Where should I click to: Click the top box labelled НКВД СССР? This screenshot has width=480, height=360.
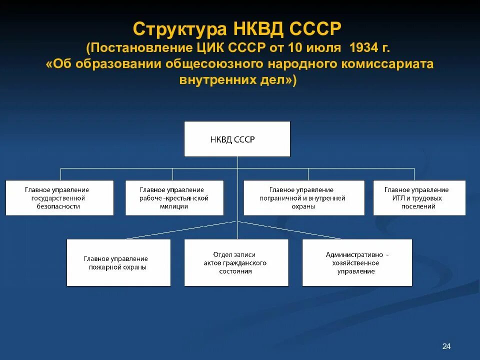237,139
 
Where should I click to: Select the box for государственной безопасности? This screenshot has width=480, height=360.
59,198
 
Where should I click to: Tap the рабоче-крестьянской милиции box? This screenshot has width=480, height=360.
174,198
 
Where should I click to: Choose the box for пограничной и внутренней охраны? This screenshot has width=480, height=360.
304,198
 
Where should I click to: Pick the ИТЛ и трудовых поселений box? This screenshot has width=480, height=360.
419,198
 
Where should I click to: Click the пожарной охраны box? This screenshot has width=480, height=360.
118,262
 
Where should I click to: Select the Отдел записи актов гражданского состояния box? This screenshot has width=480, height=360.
236,262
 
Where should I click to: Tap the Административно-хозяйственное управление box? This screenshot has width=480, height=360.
357,262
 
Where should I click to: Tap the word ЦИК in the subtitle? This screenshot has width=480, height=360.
210,49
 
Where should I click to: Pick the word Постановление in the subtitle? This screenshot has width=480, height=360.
138,49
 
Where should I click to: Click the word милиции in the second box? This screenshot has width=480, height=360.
174,206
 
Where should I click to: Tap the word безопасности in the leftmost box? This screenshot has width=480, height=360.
58,206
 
